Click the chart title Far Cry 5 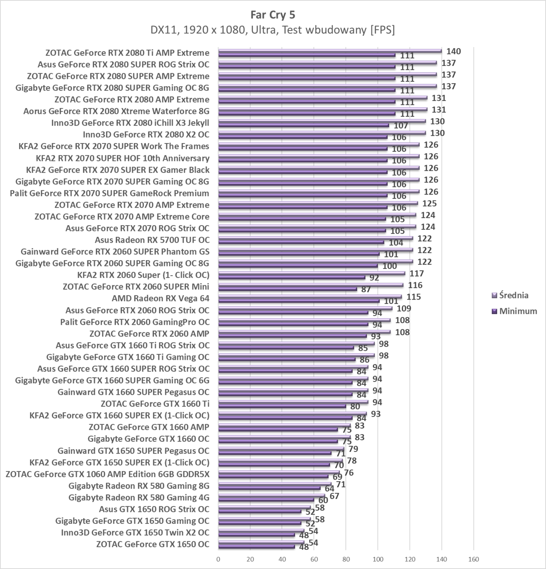click(273, 15)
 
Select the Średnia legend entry click(513, 295)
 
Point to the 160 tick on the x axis click(473, 559)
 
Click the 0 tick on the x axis click(219, 559)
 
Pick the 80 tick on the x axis click(346, 559)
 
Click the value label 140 click(453, 51)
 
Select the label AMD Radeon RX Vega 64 click(160, 298)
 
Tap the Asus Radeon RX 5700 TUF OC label click(152, 240)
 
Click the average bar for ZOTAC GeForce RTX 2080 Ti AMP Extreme click(330, 51)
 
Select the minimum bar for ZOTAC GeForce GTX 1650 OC click(257, 547)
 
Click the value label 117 click(416, 274)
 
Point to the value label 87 click(366, 289)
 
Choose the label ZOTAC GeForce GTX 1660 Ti click(155, 404)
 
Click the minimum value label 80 click(355, 406)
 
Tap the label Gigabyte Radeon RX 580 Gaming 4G click(139, 497)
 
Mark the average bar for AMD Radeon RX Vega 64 click(310, 297)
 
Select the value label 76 click(349, 473)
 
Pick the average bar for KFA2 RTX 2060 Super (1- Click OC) click(312, 274)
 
